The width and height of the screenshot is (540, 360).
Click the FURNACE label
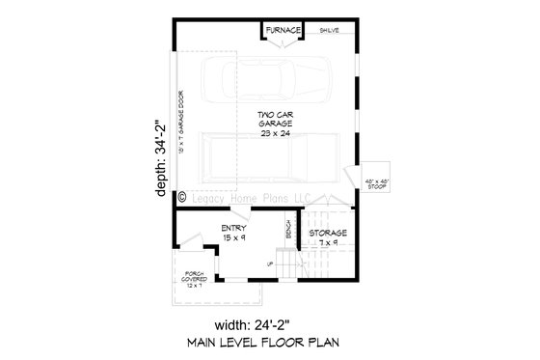284,31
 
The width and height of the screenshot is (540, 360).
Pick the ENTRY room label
233,228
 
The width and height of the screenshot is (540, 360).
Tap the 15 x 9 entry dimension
233,237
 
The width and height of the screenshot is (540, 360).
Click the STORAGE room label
328,234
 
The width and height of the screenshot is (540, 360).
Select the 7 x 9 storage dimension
329,244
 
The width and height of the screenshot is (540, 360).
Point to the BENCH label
288,231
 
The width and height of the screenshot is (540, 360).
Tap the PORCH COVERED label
196,278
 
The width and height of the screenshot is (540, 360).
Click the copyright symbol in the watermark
182,197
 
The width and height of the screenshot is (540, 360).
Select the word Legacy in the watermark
210,197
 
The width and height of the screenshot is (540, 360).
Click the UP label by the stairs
270,262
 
